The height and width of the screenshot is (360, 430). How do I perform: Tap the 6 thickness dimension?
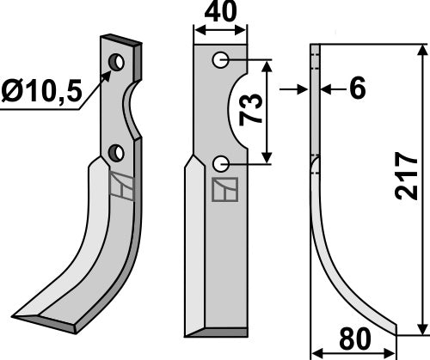tap(358, 88)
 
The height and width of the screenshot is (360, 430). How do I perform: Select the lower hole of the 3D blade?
tap(116, 153)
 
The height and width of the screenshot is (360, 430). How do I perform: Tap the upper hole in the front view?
tap(221, 60)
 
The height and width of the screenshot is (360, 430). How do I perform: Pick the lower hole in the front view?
tap(221, 162)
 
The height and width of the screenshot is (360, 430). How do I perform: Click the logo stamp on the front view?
tap(226, 190)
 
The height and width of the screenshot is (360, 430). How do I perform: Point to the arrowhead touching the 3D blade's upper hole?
tap(107, 74)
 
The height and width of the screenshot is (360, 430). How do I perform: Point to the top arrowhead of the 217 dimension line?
tap(421, 50)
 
